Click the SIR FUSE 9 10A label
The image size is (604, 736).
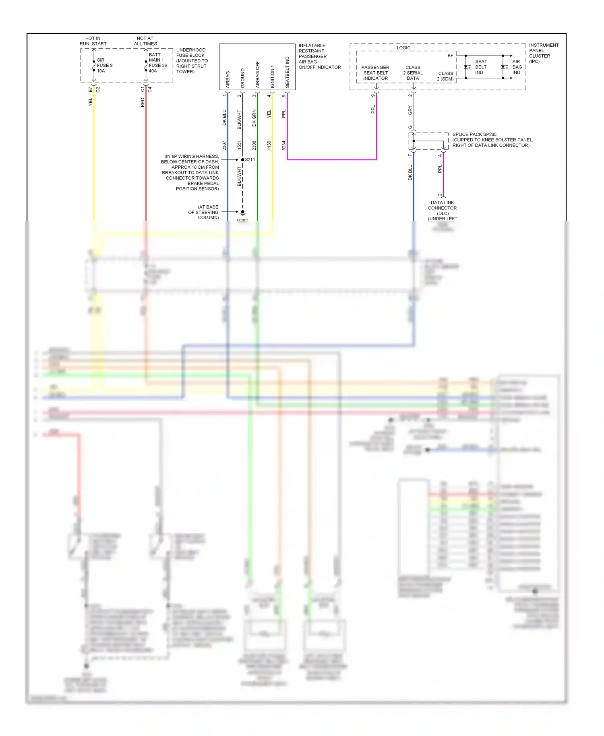[104, 65]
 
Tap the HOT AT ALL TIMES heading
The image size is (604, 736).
[145, 41]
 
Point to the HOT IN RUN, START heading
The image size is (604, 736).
[93, 41]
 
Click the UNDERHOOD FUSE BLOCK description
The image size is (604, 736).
[192, 61]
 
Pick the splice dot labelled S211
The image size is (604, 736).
[242, 160]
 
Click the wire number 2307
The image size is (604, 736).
[224, 145]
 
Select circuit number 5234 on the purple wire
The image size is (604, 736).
[284, 145]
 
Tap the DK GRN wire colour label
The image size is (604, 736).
[254, 118]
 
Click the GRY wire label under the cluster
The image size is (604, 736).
[410, 110]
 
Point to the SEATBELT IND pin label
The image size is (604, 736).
[287, 72]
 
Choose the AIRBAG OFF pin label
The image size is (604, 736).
[257, 74]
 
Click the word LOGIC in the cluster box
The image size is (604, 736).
[403, 48]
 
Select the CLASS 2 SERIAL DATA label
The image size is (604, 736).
[413, 73]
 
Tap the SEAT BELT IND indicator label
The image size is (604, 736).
[481, 67]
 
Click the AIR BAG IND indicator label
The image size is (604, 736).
[517, 67]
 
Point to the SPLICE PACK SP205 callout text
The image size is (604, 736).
[492, 140]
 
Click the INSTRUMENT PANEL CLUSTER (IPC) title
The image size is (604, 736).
[543, 53]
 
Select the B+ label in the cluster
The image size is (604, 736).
[450, 56]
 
